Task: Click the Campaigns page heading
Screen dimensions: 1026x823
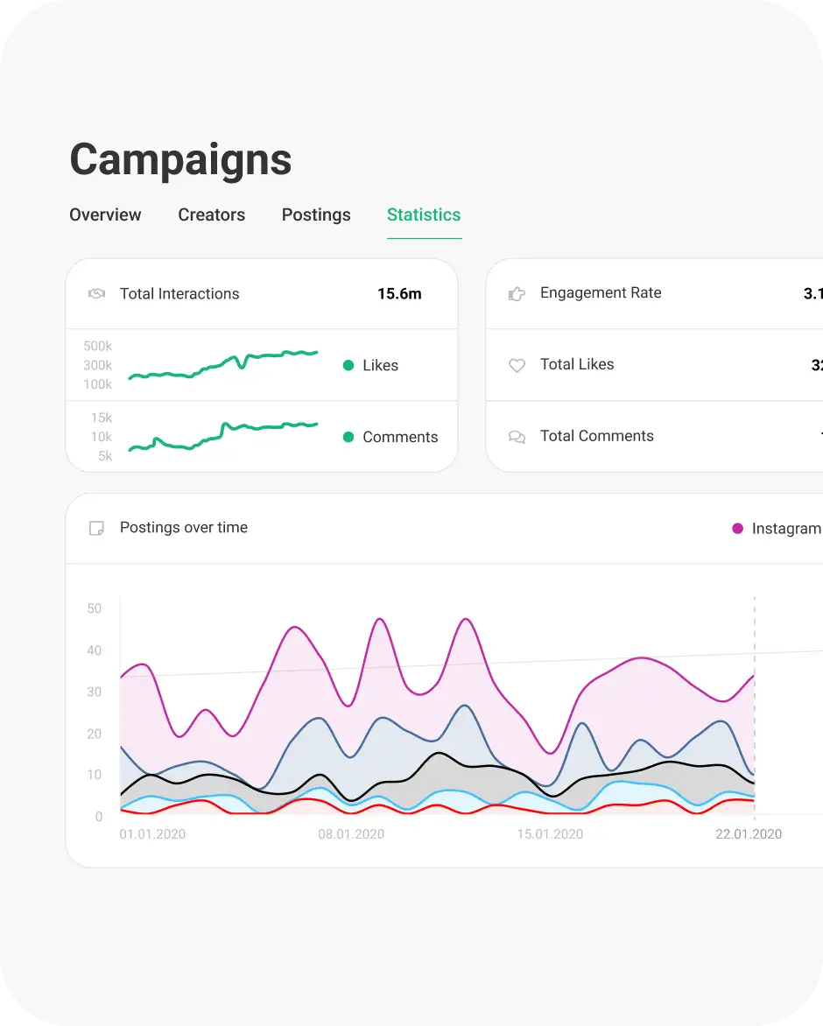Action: tap(180, 159)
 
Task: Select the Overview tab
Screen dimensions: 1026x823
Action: tap(105, 215)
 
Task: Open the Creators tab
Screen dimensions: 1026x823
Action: tap(211, 215)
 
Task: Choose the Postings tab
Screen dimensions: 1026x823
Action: tap(316, 215)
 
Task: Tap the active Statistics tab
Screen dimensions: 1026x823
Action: tap(424, 215)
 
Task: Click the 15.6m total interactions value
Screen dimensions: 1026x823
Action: tap(399, 294)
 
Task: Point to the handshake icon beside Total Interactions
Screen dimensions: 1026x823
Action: tap(96, 294)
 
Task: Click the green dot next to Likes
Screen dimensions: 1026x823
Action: tap(348, 366)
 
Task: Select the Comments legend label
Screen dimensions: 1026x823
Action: tap(400, 437)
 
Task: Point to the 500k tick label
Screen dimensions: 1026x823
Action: tap(98, 346)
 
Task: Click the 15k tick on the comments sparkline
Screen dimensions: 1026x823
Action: tap(102, 418)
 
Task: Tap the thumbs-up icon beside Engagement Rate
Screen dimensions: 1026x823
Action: tap(517, 294)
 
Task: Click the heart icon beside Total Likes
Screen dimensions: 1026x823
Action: tap(517, 365)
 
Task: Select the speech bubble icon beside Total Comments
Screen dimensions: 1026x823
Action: tap(517, 437)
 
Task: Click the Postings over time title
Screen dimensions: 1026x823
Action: tap(184, 528)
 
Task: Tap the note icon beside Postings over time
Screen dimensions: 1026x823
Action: tap(96, 529)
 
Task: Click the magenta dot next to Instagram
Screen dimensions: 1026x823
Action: tap(737, 529)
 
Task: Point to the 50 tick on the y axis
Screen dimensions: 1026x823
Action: tap(95, 608)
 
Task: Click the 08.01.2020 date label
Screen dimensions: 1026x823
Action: tap(351, 834)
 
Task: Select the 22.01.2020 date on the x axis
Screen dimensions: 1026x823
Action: tap(749, 834)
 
